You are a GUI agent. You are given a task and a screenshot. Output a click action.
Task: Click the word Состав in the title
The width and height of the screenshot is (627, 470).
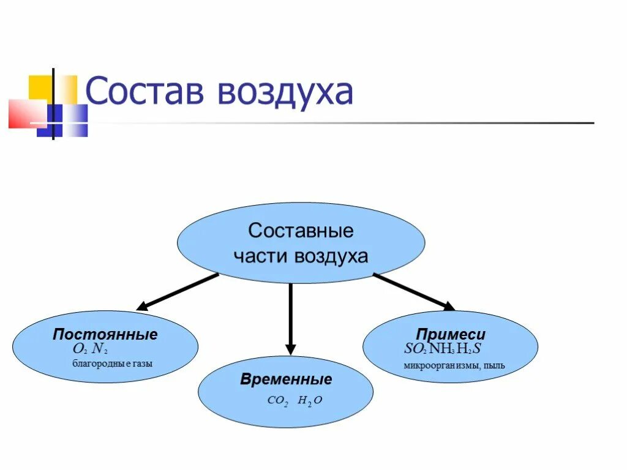(147, 92)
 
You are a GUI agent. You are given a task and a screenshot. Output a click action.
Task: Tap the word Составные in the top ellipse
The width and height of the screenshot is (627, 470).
(301, 231)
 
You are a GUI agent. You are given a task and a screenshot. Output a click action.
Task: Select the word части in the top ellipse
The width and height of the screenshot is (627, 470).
(261, 256)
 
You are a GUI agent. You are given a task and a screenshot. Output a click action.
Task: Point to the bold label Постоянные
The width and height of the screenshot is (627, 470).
(105, 335)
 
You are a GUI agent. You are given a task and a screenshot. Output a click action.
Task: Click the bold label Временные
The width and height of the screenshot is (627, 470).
(286, 379)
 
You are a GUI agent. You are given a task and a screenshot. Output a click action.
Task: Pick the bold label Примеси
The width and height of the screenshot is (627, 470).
(451, 335)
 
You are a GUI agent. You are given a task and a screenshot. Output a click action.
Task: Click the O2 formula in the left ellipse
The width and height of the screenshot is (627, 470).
(79, 349)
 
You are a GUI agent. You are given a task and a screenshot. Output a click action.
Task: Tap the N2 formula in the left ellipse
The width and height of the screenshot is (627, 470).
(100, 349)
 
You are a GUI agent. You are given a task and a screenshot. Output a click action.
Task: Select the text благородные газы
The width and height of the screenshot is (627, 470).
(113, 364)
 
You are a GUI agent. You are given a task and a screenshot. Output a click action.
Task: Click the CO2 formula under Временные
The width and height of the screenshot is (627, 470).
(278, 401)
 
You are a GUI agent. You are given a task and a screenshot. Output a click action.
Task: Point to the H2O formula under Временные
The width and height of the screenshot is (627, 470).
(310, 401)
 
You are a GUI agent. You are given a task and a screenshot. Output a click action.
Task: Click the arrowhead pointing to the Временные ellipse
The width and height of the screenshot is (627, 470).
(291, 349)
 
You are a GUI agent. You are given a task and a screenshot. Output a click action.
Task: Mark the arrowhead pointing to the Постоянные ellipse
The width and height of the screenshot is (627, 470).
(142, 306)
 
